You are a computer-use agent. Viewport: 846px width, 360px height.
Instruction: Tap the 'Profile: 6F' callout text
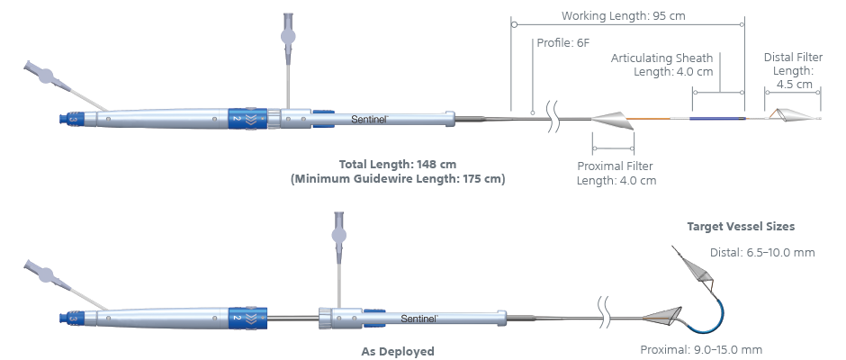tap(564, 41)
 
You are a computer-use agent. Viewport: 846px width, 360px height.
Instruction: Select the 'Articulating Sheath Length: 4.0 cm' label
tap(662, 65)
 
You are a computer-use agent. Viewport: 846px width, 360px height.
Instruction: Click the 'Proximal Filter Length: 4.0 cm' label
tap(616, 173)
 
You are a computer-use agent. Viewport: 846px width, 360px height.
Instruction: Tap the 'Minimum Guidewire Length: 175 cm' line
tap(398, 179)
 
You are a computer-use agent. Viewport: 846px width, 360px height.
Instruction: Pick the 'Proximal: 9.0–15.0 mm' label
tap(701, 349)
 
